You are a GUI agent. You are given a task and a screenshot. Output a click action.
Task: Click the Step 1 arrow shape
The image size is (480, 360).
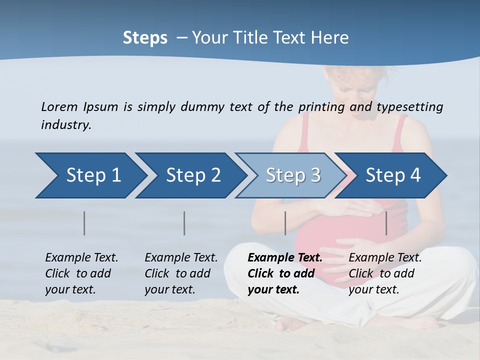(x=90, y=175)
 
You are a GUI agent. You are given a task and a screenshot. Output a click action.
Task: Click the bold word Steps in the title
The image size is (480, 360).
(x=145, y=38)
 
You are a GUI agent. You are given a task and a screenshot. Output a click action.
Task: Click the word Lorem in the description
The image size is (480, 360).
(x=59, y=106)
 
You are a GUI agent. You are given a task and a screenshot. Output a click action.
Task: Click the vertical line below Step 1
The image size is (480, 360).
(x=84, y=223)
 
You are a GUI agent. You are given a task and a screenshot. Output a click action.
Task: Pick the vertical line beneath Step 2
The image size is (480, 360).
(x=184, y=223)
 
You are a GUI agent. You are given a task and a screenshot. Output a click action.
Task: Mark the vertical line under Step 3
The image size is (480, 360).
(x=285, y=223)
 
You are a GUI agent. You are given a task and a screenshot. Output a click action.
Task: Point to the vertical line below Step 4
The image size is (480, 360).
(x=386, y=223)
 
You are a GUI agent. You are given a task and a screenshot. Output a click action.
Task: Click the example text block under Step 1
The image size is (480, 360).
(x=81, y=273)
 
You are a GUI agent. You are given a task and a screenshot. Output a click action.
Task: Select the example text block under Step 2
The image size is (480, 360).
(x=181, y=273)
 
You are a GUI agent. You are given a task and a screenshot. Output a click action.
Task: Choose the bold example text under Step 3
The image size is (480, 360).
(x=284, y=273)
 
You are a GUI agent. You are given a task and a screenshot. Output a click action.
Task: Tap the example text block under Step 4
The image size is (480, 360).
(x=385, y=273)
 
